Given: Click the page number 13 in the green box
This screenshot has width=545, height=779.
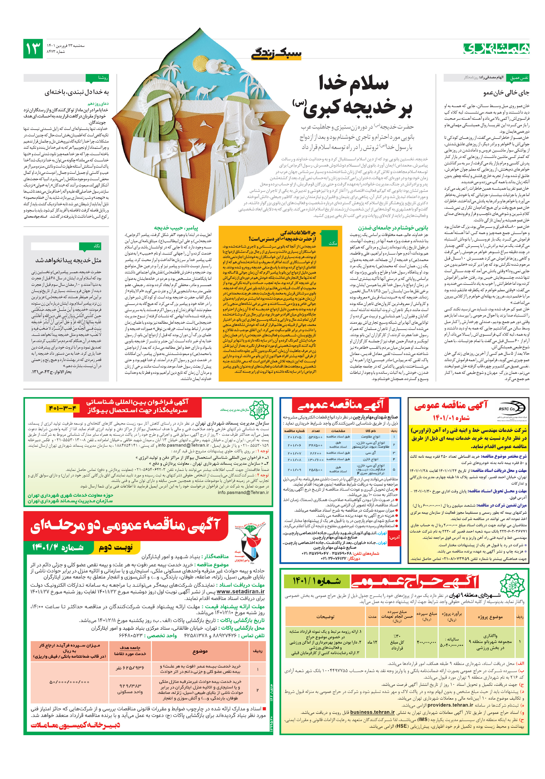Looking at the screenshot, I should [33, 49].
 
